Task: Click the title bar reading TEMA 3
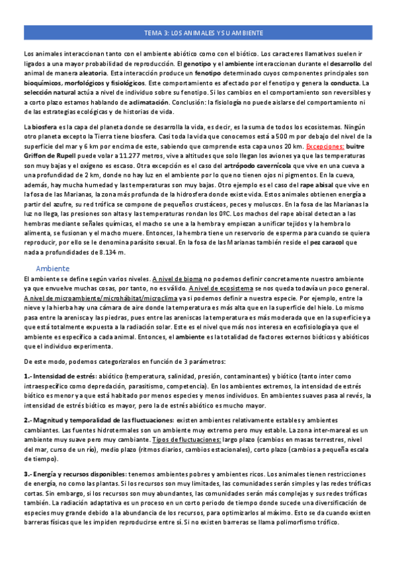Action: point(204,32)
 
